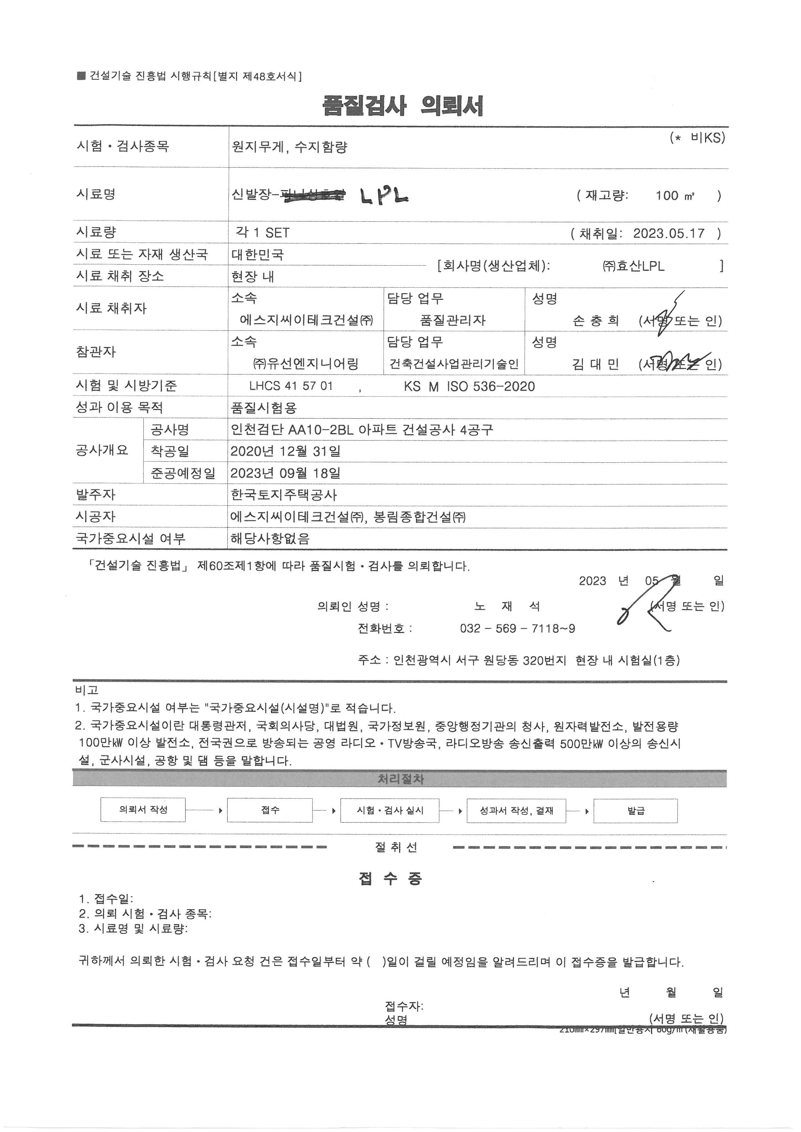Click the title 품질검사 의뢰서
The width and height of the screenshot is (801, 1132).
pos(402,106)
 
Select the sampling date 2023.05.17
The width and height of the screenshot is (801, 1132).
pos(669,233)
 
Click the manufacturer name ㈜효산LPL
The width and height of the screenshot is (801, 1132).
pos(633,266)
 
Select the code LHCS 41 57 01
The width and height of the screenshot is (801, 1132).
pos(291,386)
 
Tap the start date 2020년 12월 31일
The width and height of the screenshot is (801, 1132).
pos(286,451)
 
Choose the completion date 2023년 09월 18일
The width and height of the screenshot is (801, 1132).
pos(286,473)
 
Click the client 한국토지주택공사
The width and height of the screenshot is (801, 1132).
pos(284,495)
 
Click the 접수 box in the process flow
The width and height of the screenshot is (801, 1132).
pos(270,810)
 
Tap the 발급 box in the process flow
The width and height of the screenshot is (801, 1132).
pos(635,811)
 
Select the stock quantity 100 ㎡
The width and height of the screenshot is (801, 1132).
pos(675,196)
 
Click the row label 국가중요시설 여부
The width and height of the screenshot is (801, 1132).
pos(131,538)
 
